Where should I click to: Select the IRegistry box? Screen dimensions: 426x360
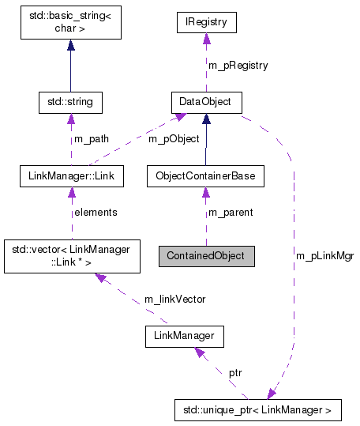pos(205,22)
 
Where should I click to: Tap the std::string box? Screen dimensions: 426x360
pos(71,102)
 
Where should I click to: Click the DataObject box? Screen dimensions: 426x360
pos(205,102)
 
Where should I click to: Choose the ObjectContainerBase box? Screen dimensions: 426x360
pos(205,175)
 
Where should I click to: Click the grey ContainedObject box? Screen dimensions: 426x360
pos(206,256)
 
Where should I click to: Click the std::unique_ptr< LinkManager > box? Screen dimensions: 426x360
pos(257,410)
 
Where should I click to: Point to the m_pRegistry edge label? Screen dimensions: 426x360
pos(238,65)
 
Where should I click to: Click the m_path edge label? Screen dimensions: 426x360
pos(92,139)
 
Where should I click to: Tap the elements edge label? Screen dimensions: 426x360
pos(95,212)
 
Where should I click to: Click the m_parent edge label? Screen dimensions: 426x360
pos(230,212)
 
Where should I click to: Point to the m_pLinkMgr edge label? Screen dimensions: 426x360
pos(324,256)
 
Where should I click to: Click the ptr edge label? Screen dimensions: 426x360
pos(235,371)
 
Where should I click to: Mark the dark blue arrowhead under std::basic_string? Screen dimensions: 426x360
pos(71,46)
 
